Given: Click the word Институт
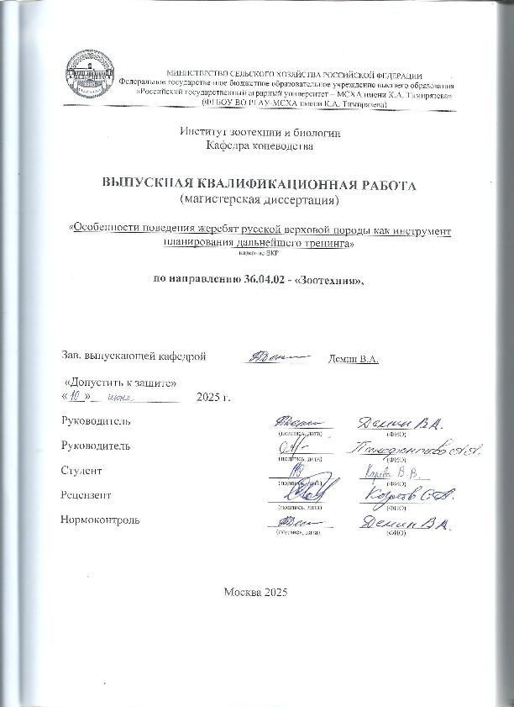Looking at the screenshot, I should click(x=200, y=131).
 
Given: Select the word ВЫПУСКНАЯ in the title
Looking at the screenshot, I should click(x=146, y=183).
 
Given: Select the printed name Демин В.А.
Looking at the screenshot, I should click(x=351, y=360).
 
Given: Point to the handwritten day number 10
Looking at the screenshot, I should click(x=81, y=396).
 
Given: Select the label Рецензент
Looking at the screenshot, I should click(x=87, y=496).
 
